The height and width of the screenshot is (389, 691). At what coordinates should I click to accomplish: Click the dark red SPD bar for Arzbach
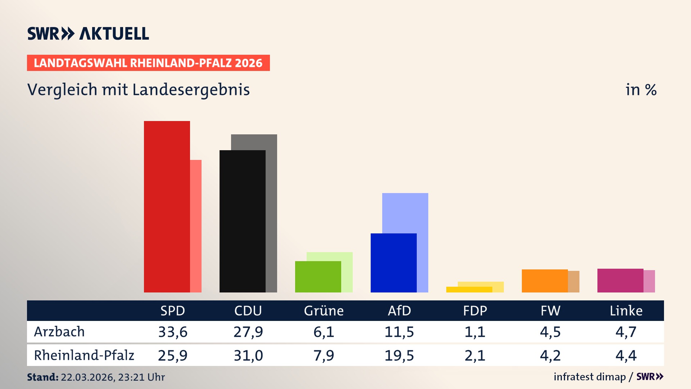167,207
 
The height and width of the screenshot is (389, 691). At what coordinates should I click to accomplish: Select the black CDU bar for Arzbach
242,221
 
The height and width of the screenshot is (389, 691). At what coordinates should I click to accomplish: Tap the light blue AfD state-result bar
405,213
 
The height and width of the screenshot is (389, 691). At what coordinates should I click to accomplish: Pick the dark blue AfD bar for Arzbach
393,263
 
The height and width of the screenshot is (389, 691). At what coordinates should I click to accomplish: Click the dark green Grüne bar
318,277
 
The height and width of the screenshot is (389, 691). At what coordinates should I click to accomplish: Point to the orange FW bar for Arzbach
545,281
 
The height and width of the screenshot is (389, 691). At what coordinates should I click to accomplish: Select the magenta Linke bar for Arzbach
620,281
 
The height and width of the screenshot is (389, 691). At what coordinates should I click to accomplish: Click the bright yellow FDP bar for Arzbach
469,290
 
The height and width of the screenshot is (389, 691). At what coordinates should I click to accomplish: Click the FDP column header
475,311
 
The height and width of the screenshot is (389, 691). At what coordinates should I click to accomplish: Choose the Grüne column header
324,311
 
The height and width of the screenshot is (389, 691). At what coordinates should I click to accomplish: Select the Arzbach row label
59,332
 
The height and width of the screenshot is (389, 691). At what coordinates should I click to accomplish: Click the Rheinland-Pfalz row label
84,356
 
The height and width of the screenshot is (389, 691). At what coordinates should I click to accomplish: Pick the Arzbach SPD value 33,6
173,332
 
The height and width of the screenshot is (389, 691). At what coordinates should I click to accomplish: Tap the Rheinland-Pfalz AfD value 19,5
399,356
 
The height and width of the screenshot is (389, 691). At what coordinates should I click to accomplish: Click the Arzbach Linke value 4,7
626,332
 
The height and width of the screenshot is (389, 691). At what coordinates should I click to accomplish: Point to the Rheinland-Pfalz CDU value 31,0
248,356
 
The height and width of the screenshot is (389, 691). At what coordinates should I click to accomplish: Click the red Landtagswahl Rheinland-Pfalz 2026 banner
148,63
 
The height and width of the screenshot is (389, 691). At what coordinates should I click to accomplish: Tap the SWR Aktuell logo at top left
88,33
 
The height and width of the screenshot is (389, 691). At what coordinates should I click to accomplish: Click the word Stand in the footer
42,377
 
